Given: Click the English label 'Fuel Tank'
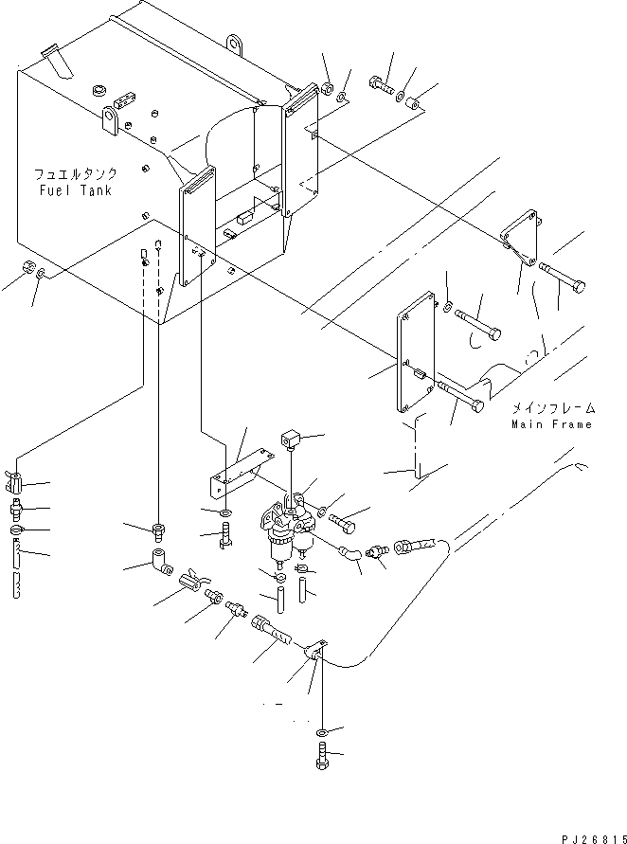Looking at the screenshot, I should click(76, 190).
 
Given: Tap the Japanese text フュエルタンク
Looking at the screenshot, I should click(76, 175).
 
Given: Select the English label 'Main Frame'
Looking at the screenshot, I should click(552, 424).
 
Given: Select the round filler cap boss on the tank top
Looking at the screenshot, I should click(96, 91).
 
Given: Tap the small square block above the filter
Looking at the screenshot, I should click(291, 439).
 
